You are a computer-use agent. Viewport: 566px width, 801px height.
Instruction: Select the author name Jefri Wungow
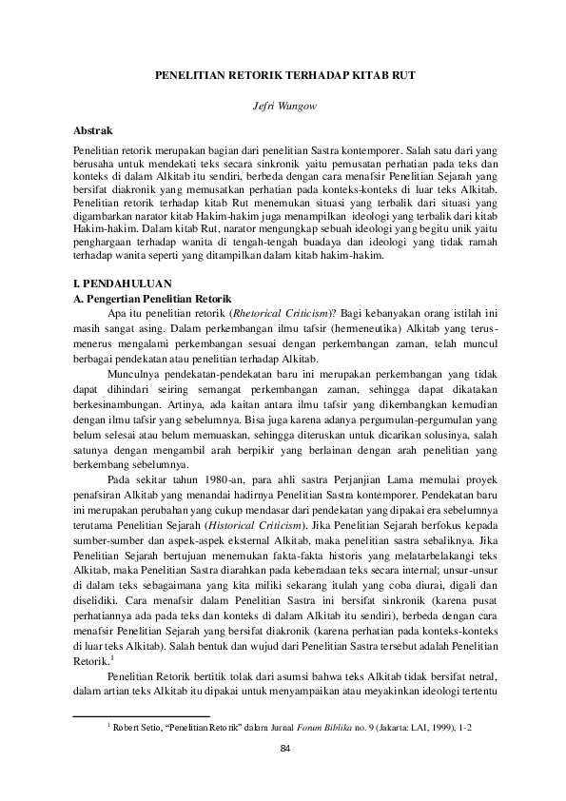283,104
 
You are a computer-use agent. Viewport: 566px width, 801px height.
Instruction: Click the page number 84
283,750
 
